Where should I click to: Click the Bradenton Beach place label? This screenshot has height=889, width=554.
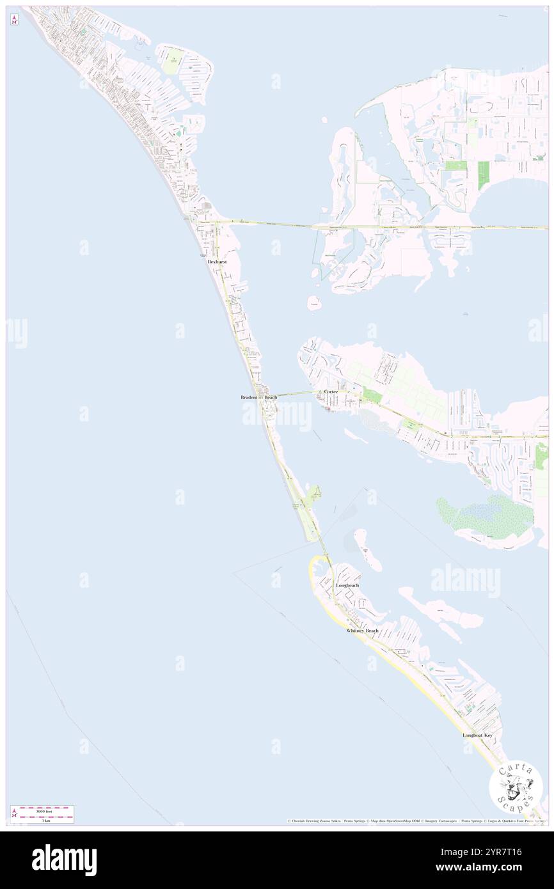[258, 397]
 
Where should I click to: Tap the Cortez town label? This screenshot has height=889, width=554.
[331, 391]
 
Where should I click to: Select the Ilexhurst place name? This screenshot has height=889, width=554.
[217, 262]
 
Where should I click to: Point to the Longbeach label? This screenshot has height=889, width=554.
[347, 585]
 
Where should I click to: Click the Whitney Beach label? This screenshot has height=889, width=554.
[362, 631]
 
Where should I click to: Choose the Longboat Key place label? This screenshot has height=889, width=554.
[478, 736]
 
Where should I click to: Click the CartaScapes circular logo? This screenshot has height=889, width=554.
[516, 787]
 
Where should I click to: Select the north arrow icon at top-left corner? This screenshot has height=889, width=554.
[14, 20]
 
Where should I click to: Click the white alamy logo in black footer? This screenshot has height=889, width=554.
[64, 860]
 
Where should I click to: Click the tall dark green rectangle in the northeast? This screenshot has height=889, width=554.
[483, 175]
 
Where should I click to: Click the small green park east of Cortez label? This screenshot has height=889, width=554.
[372, 397]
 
